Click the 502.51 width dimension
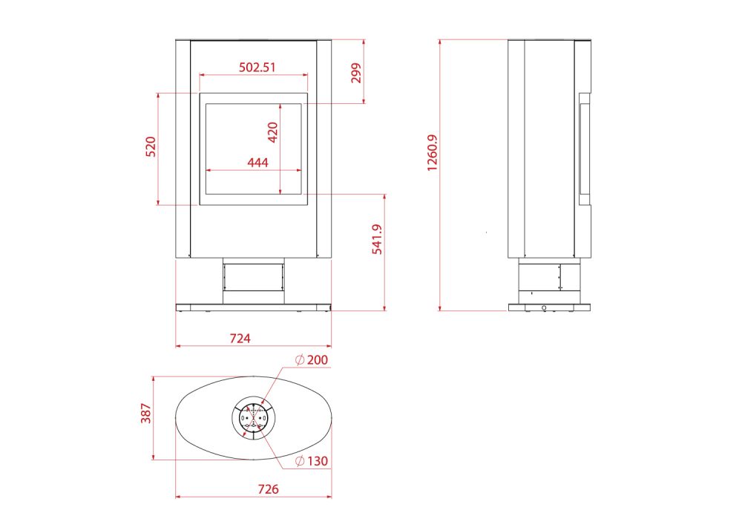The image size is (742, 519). [x=257, y=68]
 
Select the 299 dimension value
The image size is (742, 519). [x=356, y=73]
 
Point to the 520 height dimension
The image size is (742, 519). [x=150, y=147]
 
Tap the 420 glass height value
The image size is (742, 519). [x=272, y=132]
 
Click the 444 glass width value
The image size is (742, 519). [x=258, y=163]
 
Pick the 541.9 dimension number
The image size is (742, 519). [x=377, y=239]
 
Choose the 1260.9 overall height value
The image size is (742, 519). [x=432, y=152]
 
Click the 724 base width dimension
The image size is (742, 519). [x=240, y=338]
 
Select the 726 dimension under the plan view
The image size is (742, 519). [x=269, y=489]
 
